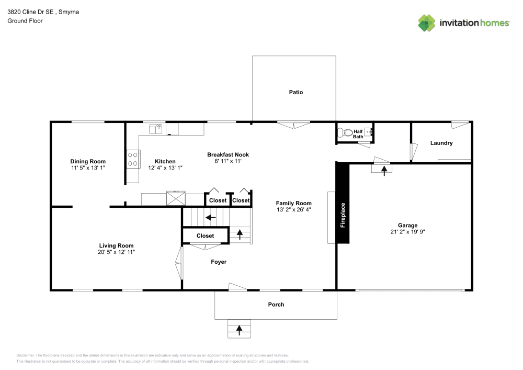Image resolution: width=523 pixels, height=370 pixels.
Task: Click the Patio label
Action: (296, 92)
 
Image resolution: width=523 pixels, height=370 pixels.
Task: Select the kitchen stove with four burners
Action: (133, 159)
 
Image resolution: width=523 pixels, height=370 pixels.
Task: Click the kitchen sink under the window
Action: (156, 128)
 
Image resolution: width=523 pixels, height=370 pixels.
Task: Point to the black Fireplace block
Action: (343, 203)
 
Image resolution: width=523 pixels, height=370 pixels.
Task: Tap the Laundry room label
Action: (441, 143)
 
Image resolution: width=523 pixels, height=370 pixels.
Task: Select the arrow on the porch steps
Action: (240, 330)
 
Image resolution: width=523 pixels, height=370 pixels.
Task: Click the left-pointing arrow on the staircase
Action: (211, 217)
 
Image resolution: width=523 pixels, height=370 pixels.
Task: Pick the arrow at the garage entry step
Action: (384, 170)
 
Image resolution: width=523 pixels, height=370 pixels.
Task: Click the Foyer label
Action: (219, 262)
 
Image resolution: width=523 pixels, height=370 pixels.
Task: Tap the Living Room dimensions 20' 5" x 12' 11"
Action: (117, 252)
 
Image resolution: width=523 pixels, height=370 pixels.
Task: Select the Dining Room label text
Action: (88, 161)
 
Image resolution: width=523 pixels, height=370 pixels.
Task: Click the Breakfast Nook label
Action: (228, 154)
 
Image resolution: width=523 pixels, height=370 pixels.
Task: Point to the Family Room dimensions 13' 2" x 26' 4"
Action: (294, 210)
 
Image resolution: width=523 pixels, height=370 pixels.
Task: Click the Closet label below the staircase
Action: (205, 236)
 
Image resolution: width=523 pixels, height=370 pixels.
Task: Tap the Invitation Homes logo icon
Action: (427, 23)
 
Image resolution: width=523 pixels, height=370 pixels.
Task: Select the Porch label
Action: (276, 304)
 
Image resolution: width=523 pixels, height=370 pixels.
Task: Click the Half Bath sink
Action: (368, 132)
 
